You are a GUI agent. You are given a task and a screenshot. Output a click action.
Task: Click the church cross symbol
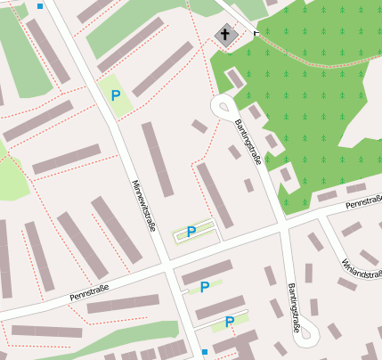pos(226,37)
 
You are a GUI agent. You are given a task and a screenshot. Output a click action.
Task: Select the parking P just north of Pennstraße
pos(191,232)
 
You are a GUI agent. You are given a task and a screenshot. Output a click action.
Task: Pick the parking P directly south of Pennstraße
pos(205,287)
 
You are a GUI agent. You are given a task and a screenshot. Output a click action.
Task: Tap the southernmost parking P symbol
pos(230,322)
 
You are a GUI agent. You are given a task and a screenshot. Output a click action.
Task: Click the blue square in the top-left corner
pos(40,6)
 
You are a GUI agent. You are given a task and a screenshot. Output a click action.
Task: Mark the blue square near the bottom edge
pos(205,351)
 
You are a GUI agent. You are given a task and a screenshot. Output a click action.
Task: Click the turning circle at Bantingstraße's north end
pos(224,107)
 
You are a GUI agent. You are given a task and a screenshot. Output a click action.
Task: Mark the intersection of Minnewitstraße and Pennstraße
pos(167,266)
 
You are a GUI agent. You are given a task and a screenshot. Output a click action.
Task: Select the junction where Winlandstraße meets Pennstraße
pos(324,215)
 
